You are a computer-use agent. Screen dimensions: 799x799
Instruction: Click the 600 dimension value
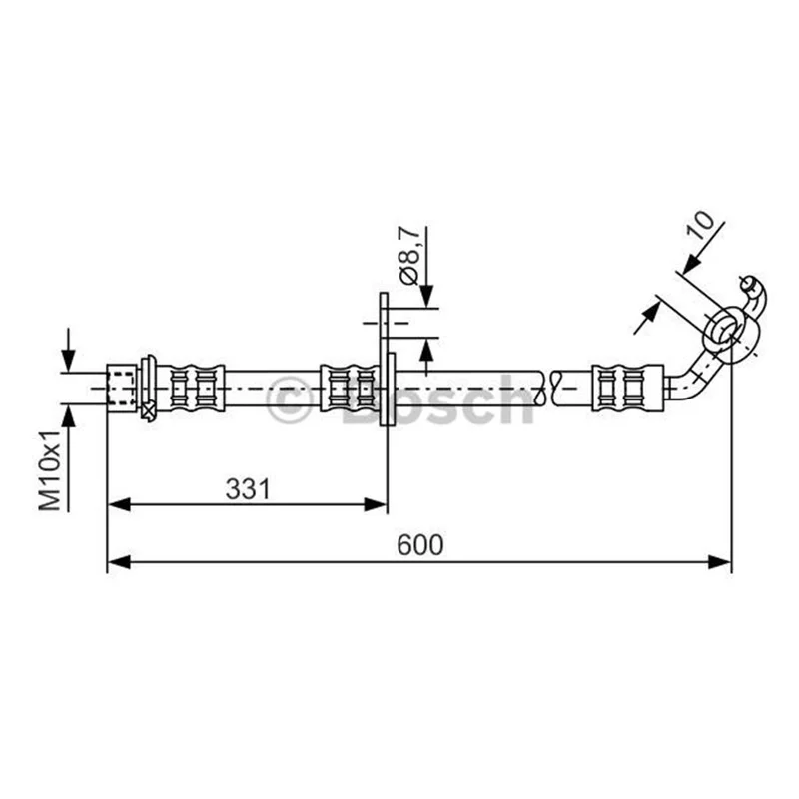pos(419,544)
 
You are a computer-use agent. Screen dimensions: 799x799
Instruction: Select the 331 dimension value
pos(248,489)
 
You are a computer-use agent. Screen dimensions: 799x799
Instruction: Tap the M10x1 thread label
pos(50,469)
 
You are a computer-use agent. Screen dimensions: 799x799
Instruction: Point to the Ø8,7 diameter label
pos(410,255)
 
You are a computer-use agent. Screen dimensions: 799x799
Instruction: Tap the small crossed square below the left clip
pos(148,410)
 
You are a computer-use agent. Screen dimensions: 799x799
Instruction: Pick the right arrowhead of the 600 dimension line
pos(719,562)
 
